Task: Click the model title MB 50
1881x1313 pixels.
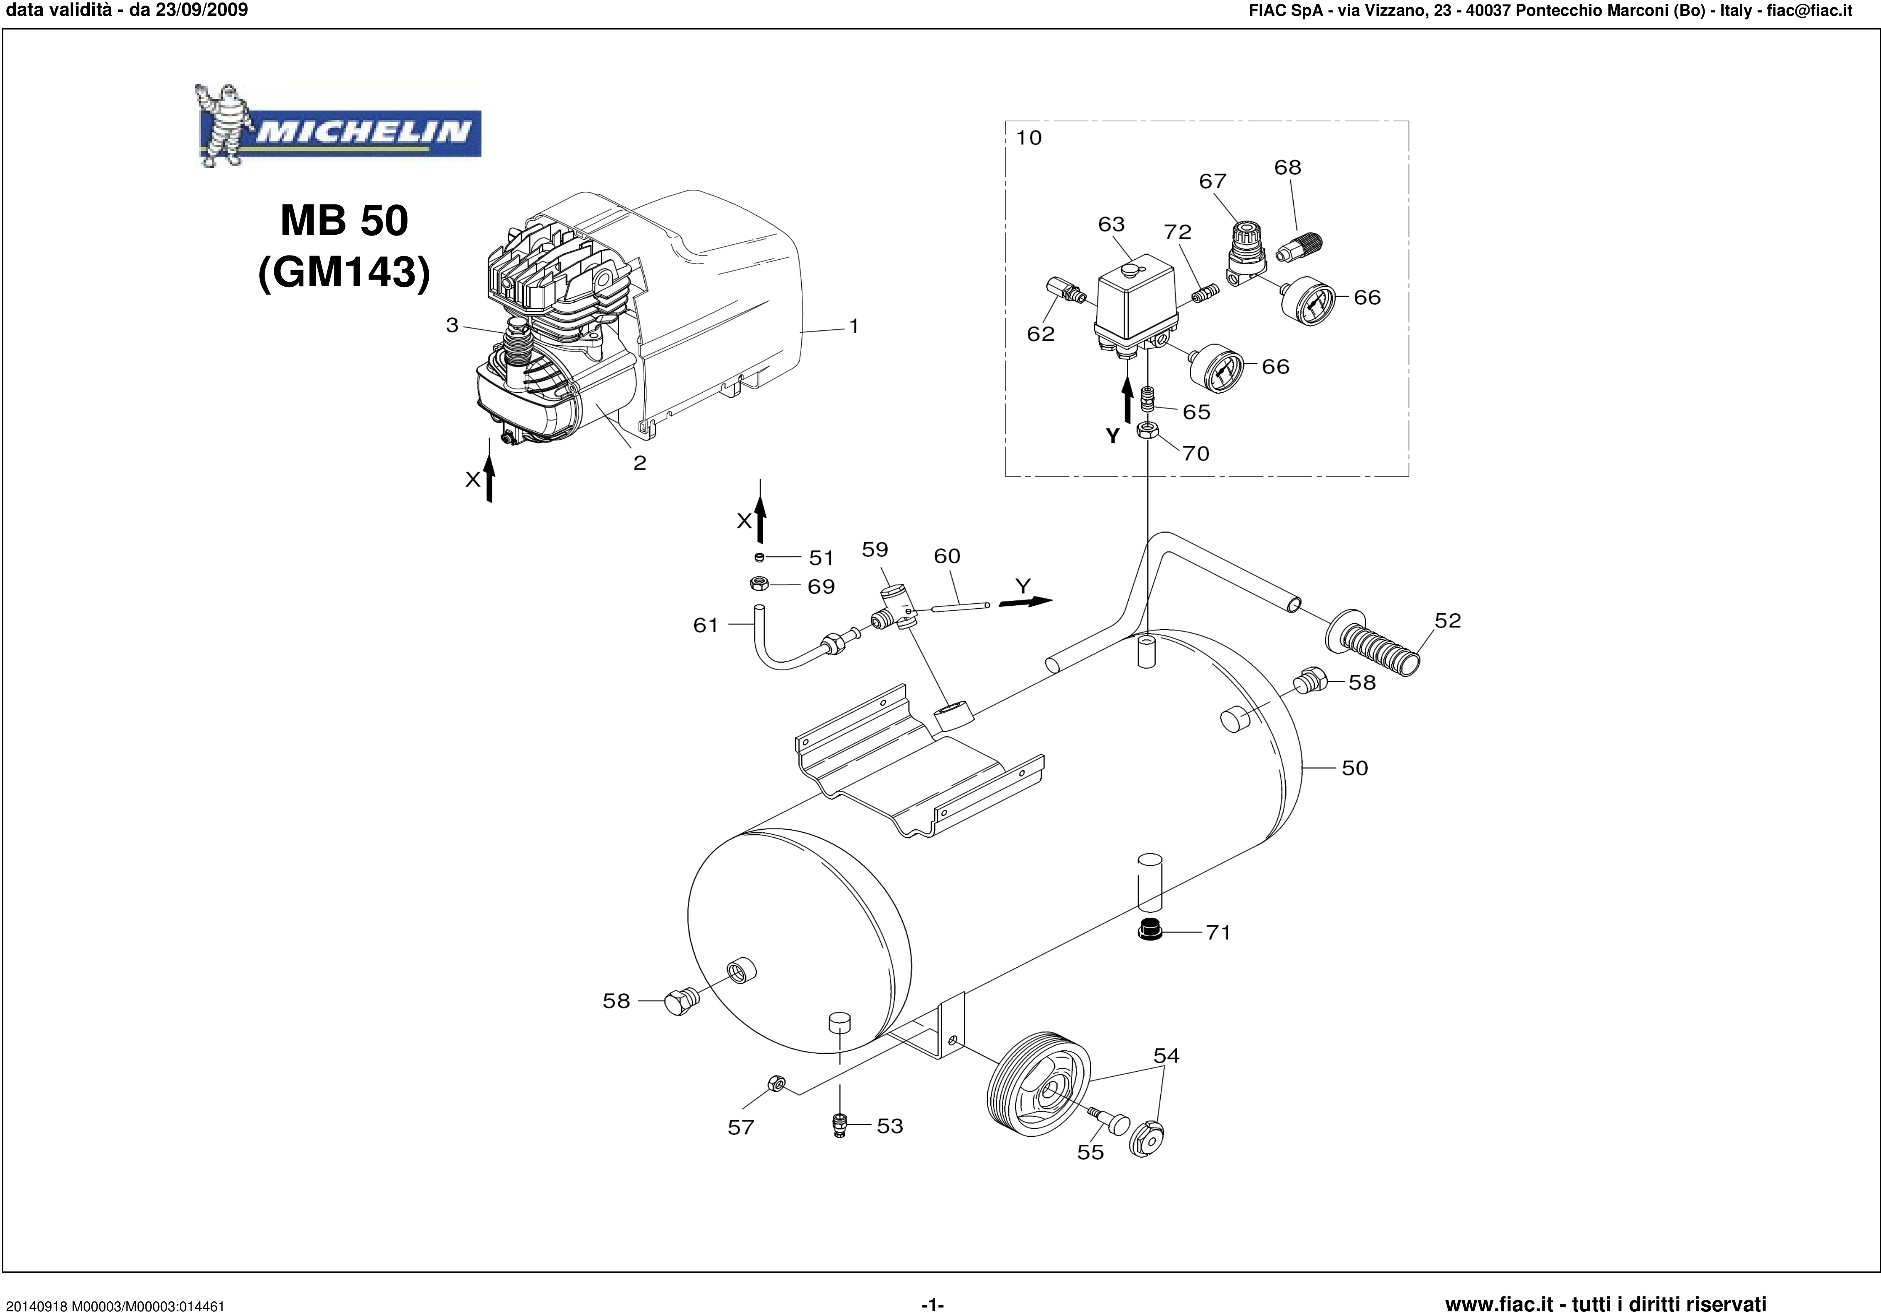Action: (344, 221)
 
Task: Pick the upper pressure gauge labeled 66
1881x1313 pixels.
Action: (1308, 302)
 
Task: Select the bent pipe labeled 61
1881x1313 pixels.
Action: (778, 647)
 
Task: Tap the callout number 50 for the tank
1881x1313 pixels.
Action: (1354, 768)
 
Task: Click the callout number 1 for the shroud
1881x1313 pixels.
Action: (854, 326)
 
